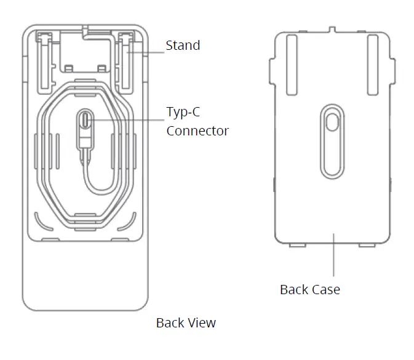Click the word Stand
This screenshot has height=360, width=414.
(x=183, y=46)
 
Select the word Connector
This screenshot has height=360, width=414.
(x=197, y=130)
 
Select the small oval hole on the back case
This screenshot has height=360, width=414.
(x=332, y=122)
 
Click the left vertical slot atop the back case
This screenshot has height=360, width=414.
(x=292, y=55)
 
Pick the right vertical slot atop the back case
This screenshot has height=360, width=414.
(x=372, y=55)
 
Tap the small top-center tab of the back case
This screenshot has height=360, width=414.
(x=332, y=29)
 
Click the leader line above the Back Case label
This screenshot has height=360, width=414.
(x=333, y=255)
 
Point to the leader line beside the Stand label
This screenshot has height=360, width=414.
(x=148, y=52)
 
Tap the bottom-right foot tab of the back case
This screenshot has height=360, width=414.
(x=367, y=245)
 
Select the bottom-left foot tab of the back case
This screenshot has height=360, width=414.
(x=297, y=245)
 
